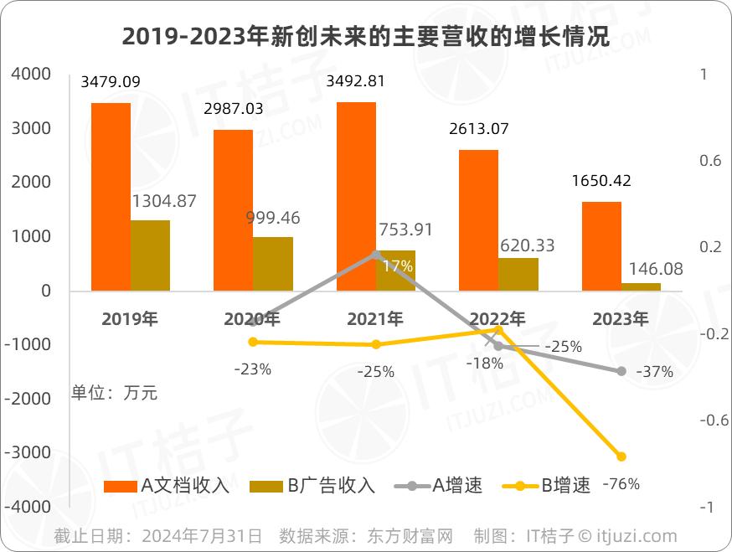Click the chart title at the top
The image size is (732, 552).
click(x=365, y=36)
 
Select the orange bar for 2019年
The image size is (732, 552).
click(x=111, y=197)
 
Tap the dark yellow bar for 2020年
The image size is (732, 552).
click(x=273, y=264)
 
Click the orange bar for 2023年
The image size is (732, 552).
click(x=601, y=246)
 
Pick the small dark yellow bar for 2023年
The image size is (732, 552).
click(x=641, y=286)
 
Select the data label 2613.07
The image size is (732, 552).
click(x=479, y=129)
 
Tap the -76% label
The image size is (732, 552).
click(x=621, y=483)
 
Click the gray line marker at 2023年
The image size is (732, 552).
click(x=621, y=370)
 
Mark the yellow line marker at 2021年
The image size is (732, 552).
click(x=376, y=344)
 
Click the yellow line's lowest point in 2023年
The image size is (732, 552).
click(x=621, y=457)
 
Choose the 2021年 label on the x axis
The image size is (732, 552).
click(x=375, y=318)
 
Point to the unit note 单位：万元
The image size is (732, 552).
click(x=114, y=391)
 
